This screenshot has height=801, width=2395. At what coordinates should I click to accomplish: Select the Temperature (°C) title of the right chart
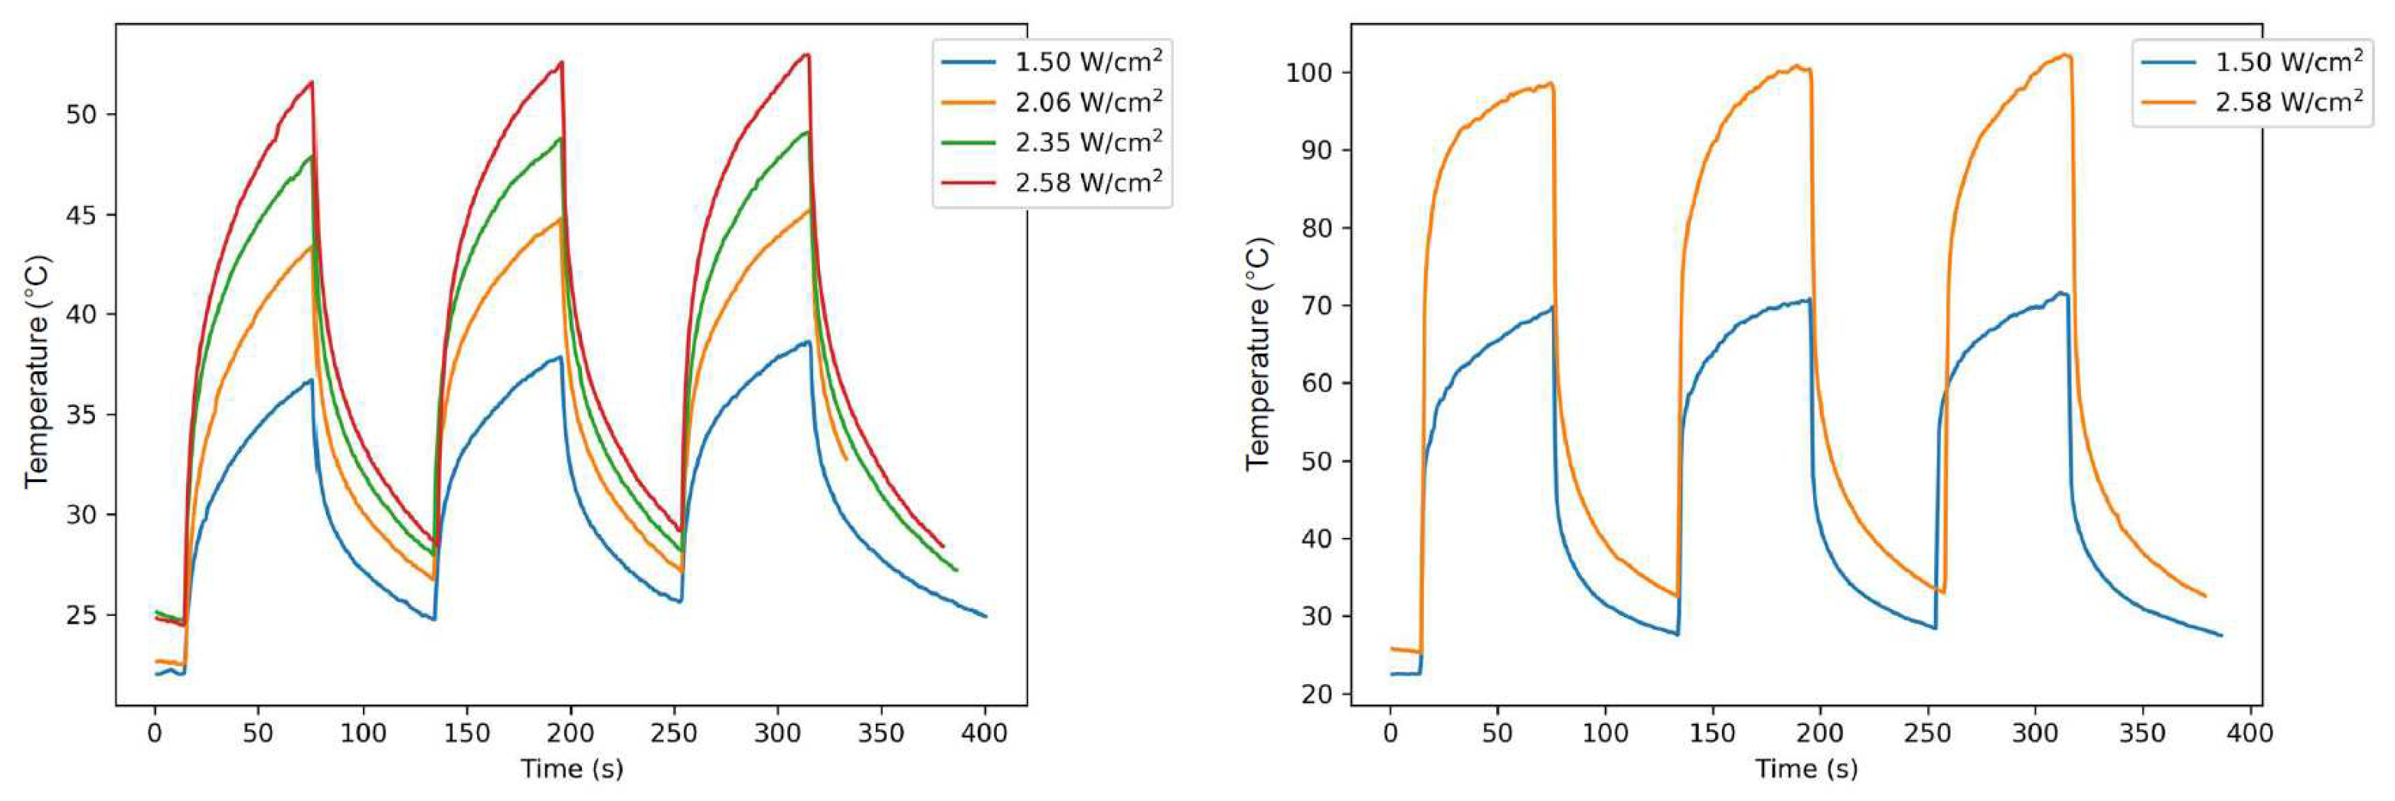coord(1258,353)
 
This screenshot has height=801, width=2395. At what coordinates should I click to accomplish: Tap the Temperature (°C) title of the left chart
coord(38,372)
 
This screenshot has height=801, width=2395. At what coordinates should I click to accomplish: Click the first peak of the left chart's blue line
coord(312,379)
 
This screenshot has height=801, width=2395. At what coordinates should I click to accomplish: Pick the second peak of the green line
coord(560,139)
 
